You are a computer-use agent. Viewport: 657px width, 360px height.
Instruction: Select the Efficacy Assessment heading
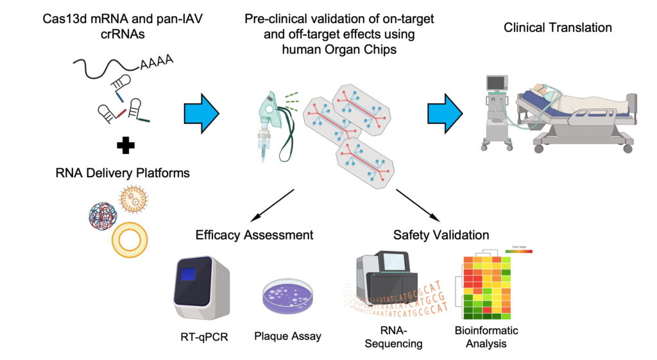255,235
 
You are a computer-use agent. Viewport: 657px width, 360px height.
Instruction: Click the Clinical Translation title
558,28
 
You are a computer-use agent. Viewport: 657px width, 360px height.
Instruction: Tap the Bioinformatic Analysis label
486,337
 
